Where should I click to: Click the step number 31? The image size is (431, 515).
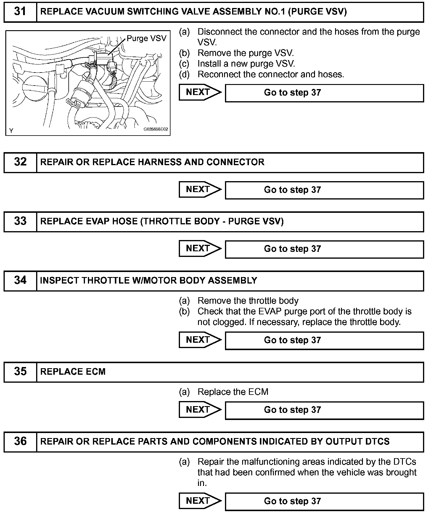tap(20, 12)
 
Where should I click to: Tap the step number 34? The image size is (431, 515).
tap(20, 280)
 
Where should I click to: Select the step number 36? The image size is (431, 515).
tap(20, 441)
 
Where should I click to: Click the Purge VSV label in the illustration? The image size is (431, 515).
tap(147, 38)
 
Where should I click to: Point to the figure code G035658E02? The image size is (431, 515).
tap(156, 129)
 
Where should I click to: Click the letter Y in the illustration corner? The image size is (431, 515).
tap(11, 131)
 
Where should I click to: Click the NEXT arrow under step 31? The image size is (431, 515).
tap(200, 92)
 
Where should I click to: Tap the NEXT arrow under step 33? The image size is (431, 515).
tap(200, 249)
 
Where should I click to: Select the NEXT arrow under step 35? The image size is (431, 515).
tap(200, 410)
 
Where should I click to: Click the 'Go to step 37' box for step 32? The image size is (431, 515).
tap(324, 190)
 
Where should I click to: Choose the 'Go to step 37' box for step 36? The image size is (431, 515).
tap(324, 501)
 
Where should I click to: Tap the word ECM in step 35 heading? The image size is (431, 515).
tap(96, 372)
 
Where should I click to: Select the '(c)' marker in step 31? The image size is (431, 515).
tap(184, 64)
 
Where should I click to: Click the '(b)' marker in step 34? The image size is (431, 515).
tap(184, 311)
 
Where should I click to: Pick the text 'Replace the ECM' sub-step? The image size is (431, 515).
tap(233, 392)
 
